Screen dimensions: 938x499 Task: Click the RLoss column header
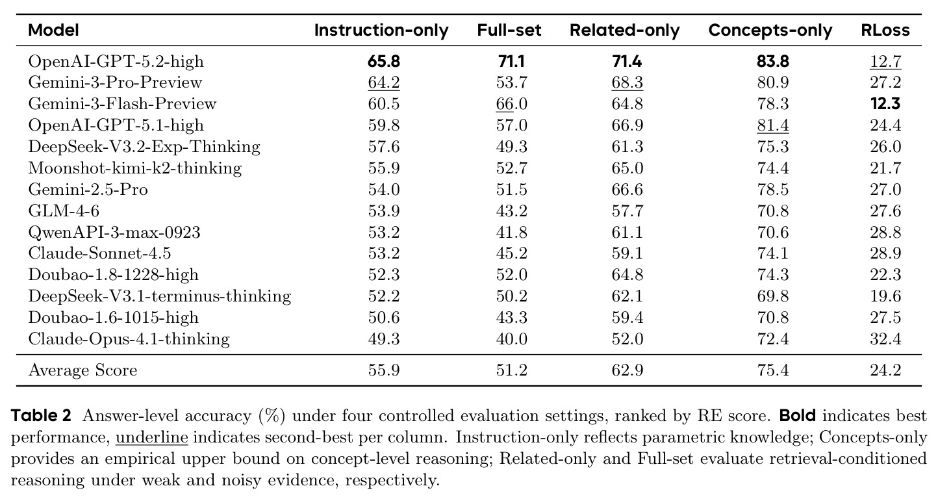tap(885, 30)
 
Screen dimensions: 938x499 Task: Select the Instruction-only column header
tap(381, 31)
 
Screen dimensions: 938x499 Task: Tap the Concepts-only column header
tap(770, 31)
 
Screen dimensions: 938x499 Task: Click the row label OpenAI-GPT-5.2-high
tap(116, 62)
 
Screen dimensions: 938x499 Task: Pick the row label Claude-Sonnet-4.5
tap(99, 253)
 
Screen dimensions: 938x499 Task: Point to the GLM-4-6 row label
tap(64, 211)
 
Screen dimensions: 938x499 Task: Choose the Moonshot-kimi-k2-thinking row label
tap(135, 168)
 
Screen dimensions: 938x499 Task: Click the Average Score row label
tap(82, 370)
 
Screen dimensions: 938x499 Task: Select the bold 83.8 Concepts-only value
tap(773, 62)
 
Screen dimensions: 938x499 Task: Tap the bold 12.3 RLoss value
tap(885, 103)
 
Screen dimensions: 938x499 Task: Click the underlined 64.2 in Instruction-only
tap(384, 83)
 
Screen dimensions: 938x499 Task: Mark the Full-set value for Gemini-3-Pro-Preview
tap(512, 83)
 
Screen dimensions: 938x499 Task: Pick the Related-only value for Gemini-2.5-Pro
tap(627, 189)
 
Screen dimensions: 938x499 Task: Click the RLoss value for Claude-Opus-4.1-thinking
tap(885, 339)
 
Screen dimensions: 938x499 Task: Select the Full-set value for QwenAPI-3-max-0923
tap(512, 232)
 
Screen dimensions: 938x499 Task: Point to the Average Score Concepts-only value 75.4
tap(773, 370)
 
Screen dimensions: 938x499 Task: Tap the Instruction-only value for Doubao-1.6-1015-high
tap(384, 317)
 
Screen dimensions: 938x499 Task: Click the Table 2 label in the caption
tap(41, 416)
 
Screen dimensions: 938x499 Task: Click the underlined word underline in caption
tap(152, 437)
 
